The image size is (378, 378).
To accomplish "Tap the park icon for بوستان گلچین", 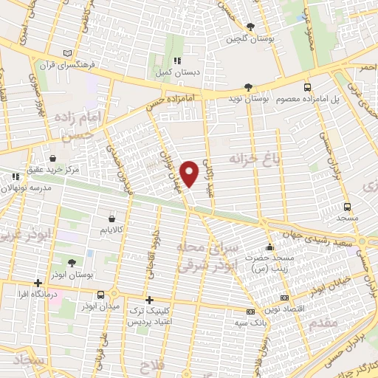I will click(250, 27).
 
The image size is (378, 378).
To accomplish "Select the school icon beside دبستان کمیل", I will click(176, 61).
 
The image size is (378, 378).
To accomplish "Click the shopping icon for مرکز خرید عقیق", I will click(52, 158).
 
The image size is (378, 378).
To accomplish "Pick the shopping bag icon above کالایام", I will click(111, 219).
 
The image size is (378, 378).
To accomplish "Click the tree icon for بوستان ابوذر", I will click(72, 263).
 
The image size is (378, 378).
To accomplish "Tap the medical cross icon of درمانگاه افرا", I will click(38, 283).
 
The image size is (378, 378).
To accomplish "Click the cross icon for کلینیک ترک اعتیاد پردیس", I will click(150, 300).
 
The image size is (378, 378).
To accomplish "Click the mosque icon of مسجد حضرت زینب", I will click(270, 247).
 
